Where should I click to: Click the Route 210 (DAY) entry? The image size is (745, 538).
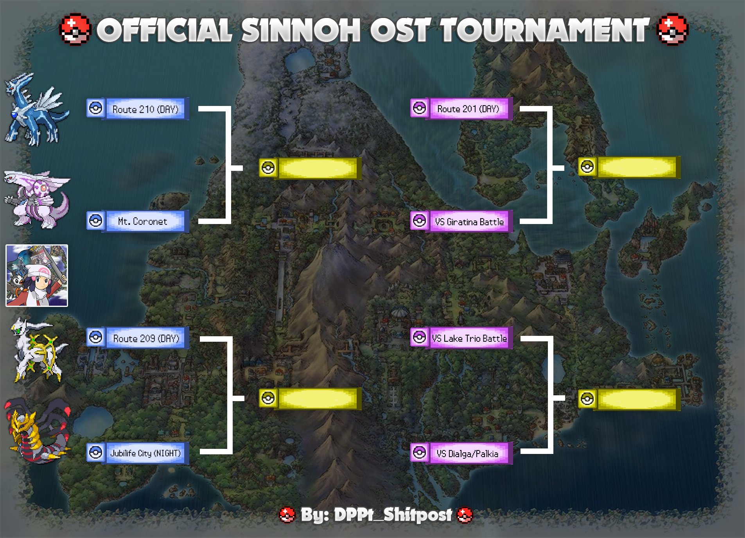(145, 109)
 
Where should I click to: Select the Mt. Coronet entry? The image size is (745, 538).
(143, 221)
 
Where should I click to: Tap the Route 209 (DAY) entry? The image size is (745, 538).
(146, 338)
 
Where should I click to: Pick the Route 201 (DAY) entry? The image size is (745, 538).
(468, 109)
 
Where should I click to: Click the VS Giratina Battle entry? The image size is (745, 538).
(469, 222)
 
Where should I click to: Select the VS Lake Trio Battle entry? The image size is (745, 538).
(469, 338)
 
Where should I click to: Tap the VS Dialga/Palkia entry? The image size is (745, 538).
(468, 454)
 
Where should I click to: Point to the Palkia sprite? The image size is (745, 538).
(37, 199)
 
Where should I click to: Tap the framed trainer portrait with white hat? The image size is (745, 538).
(37, 276)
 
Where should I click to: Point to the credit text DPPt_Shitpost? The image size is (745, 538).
(393, 515)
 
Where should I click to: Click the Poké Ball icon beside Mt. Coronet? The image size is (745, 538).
(95, 221)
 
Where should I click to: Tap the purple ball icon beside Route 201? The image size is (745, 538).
(419, 108)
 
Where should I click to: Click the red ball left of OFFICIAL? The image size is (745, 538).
(75, 29)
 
